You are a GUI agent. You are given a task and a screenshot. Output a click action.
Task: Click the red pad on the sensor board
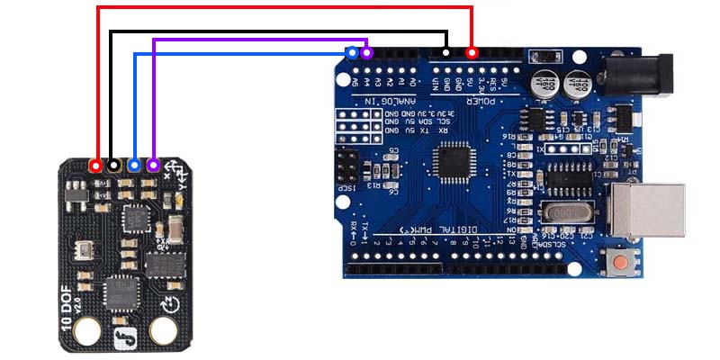click(96, 166)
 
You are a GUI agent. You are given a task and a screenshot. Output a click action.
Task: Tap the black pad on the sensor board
click(114, 166)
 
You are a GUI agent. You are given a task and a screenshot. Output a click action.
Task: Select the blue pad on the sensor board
click(134, 166)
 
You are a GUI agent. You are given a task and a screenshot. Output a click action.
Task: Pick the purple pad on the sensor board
click(153, 166)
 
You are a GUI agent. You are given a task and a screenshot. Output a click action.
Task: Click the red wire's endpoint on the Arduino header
click(472, 54)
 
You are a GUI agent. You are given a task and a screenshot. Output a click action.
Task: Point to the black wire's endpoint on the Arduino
click(445, 54)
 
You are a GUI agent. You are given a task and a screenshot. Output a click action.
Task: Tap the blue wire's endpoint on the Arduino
click(352, 54)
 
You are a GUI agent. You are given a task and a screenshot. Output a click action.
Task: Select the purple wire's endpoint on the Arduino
click(366, 54)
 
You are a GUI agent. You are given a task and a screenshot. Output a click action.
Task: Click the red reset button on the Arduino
click(621, 264)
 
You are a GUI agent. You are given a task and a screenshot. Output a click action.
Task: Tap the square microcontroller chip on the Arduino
click(453, 163)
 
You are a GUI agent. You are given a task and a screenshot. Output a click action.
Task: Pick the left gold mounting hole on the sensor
click(87, 334)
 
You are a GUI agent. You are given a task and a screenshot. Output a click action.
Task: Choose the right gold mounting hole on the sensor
click(163, 333)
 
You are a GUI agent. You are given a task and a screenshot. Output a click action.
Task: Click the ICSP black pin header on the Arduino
click(345, 166)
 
